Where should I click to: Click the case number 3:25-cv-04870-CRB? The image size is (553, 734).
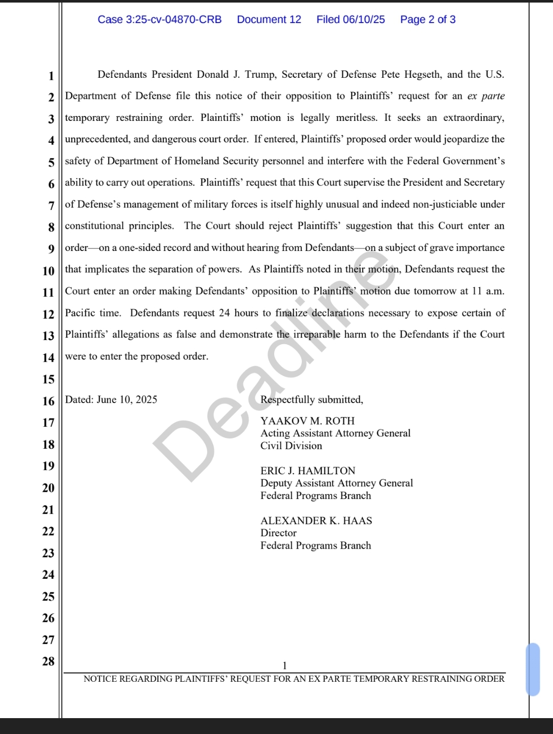(159, 19)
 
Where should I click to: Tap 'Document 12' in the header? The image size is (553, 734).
(269, 19)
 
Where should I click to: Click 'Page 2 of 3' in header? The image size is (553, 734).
(427, 19)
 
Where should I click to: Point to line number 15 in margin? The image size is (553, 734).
(48, 380)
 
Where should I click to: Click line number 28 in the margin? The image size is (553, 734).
(48, 662)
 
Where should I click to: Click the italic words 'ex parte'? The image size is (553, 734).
(486, 96)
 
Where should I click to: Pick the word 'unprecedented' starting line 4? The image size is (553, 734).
(97, 139)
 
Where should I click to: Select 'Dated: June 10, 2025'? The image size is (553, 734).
(111, 400)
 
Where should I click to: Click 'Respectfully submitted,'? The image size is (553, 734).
(312, 400)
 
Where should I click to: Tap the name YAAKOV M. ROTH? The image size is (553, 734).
(308, 421)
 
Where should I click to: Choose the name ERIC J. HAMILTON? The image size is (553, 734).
(308, 471)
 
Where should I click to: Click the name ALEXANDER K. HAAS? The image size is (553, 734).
(316, 521)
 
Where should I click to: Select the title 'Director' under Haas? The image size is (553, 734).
(278, 533)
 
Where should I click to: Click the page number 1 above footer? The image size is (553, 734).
(285, 666)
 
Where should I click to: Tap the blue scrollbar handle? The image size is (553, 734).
(533, 669)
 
